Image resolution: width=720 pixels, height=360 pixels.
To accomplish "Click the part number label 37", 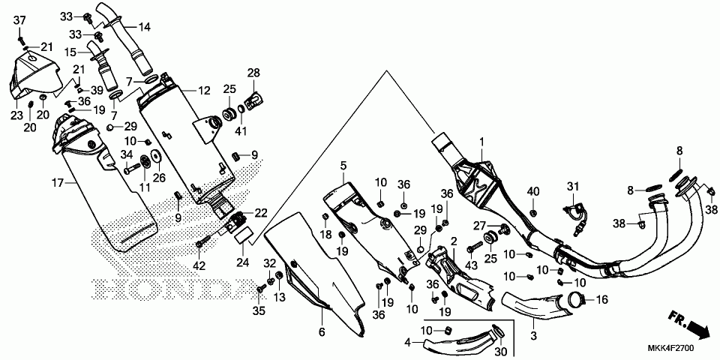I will click(20, 19).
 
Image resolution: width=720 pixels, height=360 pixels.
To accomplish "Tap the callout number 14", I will click(143, 28).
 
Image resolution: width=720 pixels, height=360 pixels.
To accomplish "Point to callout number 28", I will click(253, 73).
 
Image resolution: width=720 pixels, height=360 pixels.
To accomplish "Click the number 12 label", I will click(205, 91).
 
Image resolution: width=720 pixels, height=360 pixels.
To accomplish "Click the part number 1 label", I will click(482, 142).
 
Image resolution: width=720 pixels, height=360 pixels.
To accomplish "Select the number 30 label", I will click(500, 352).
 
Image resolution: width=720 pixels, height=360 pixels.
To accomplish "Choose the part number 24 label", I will click(242, 262).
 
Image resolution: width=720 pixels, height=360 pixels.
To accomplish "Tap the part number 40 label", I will click(533, 192).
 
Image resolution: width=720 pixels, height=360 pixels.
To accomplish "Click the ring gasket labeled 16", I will click(577, 301).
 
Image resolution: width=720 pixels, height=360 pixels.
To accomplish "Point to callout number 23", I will click(16, 115).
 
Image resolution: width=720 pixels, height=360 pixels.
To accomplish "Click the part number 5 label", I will click(343, 165).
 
